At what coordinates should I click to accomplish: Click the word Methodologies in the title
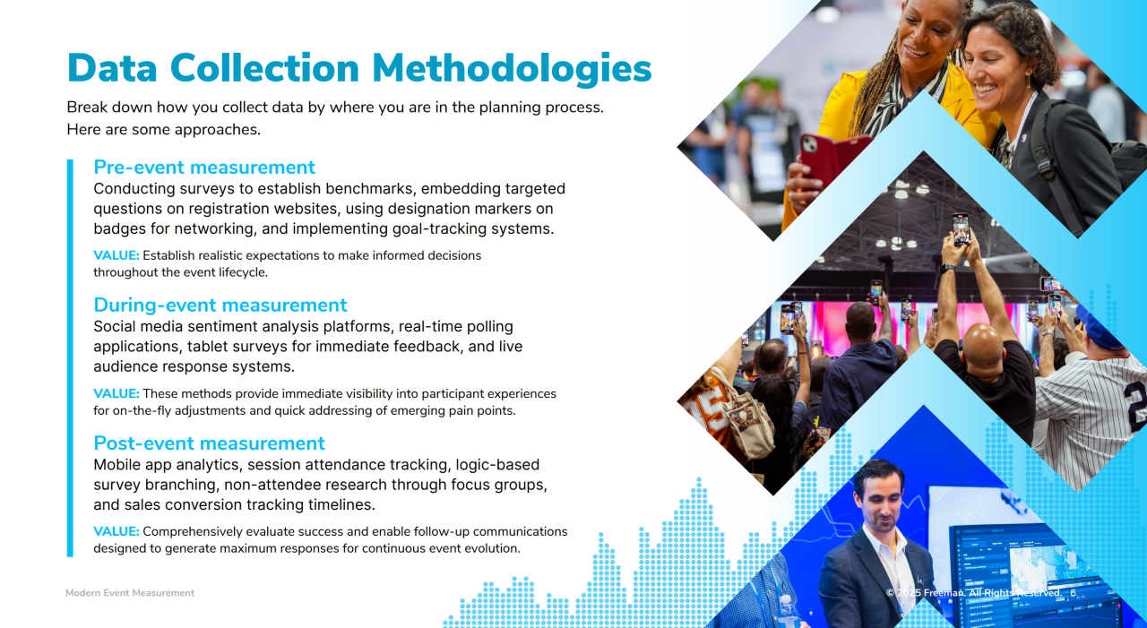[512, 69]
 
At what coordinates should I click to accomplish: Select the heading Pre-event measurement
[204, 168]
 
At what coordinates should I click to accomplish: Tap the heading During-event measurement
[220, 305]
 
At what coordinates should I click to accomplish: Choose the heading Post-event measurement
[210, 443]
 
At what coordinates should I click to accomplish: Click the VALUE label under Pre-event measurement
[116, 255]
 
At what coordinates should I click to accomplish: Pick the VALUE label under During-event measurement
[116, 393]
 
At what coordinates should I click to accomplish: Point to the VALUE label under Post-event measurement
[116, 531]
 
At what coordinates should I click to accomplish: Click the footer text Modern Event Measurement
[130, 593]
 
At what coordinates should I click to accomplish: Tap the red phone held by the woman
[831, 158]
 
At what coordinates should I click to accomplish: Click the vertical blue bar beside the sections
[70, 357]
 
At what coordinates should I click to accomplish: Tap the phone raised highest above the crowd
[961, 228]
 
